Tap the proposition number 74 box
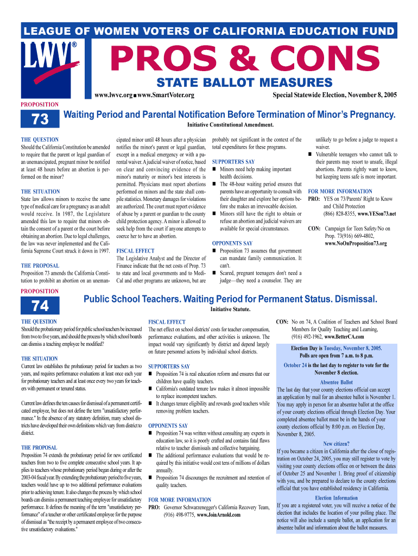40,306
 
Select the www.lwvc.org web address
114,96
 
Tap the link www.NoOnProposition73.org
356,244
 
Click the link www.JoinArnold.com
219,515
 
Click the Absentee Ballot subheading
336,382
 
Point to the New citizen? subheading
336,444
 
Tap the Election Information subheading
336,498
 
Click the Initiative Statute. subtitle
230,309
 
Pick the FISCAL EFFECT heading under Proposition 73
136,251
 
